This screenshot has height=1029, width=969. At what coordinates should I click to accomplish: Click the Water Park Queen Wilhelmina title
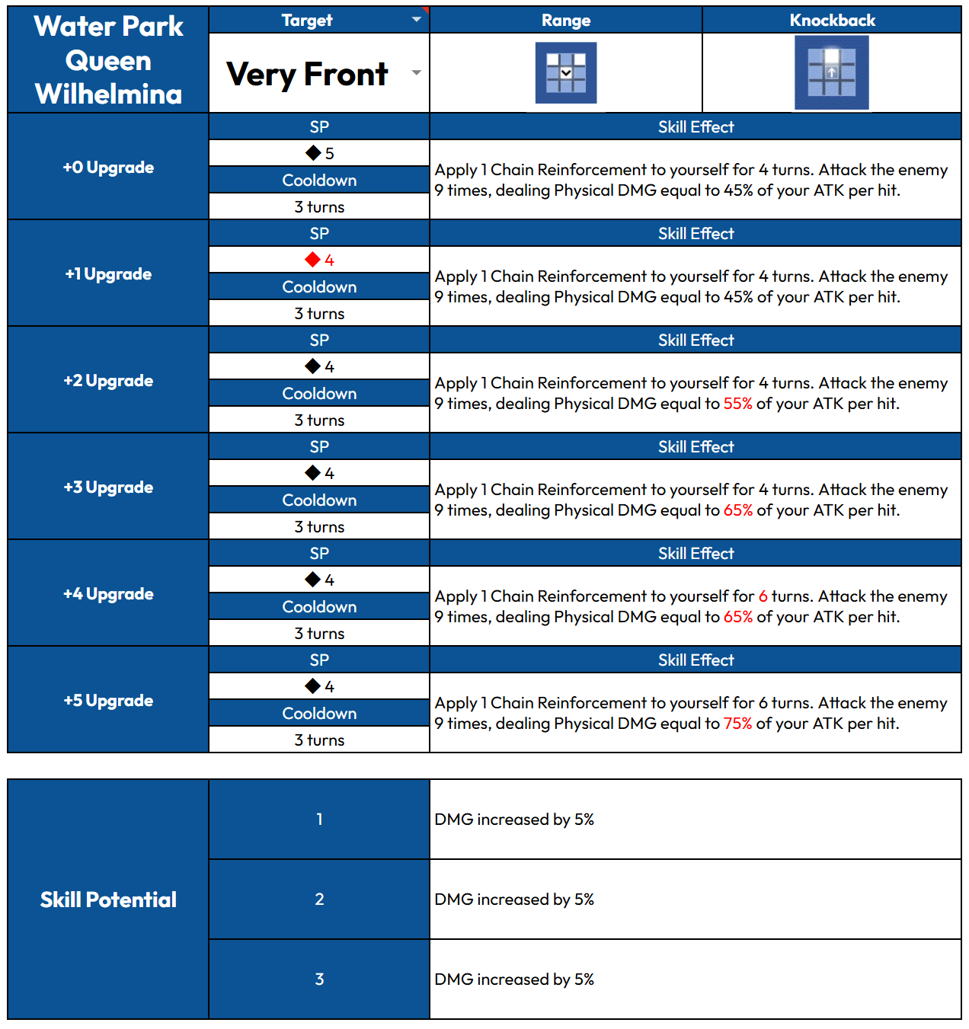coord(108,60)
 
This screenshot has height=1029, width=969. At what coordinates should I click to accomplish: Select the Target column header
coord(307,21)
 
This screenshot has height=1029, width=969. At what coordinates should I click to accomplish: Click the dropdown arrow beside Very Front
coord(416,73)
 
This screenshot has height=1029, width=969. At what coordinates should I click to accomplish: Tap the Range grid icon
coord(566,73)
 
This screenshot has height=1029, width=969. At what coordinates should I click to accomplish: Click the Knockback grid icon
coord(831,73)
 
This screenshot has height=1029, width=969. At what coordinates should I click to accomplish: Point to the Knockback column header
coord(832,21)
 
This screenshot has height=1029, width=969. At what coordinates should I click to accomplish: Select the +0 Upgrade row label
coord(108,168)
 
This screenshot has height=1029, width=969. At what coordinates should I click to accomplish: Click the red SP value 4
coord(329,260)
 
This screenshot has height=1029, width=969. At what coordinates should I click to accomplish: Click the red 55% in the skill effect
coord(737,404)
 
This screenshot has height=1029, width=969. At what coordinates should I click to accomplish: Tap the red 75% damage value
coord(737,724)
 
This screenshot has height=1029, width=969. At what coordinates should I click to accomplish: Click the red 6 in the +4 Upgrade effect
coord(763,596)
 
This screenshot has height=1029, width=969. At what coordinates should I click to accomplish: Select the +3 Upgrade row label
coord(108,487)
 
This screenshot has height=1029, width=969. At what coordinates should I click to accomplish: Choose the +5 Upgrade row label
coord(108,701)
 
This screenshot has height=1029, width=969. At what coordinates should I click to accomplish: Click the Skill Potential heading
coord(108,900)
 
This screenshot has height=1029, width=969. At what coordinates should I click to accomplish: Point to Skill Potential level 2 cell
coord(319,900)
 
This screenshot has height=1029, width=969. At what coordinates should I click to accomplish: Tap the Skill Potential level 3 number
coord(319,979)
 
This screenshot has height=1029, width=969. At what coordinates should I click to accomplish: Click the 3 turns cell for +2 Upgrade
coord(319,420)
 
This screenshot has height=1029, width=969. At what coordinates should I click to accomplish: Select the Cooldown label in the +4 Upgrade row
coord(319,607)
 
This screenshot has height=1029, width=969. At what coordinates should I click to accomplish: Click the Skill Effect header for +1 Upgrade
coord(696,234)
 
